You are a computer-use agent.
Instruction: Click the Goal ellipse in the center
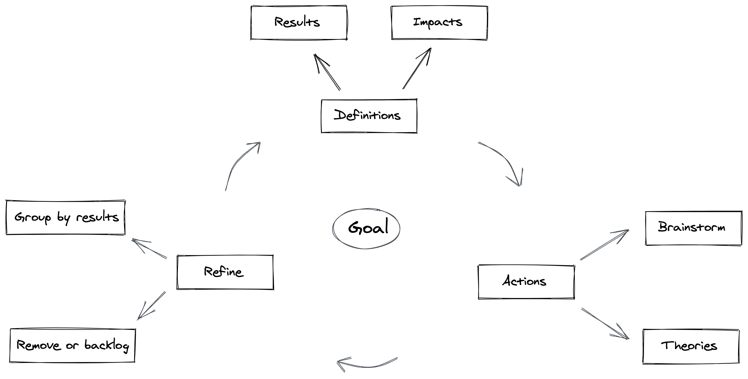pos(366,228)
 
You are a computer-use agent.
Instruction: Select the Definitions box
pos(369,116)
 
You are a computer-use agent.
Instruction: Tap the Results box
pos(299,22)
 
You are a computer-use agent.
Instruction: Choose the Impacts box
pos(439,22)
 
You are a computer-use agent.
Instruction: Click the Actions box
pos(526,282)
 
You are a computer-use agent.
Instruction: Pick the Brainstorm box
pos(693,228)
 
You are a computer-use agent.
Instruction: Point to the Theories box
pos(691,346)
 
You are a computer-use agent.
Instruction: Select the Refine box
pos(225,272)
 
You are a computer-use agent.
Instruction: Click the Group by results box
pos(66,218)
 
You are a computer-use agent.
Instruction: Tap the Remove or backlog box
pos(72,345)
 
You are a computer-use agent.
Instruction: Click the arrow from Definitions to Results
pos(328,72)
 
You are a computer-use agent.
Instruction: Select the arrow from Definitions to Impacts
pos(417,69)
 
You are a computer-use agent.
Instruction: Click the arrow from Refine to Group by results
pos(149,249)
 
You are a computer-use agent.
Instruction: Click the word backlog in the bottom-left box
pos(107,346)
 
